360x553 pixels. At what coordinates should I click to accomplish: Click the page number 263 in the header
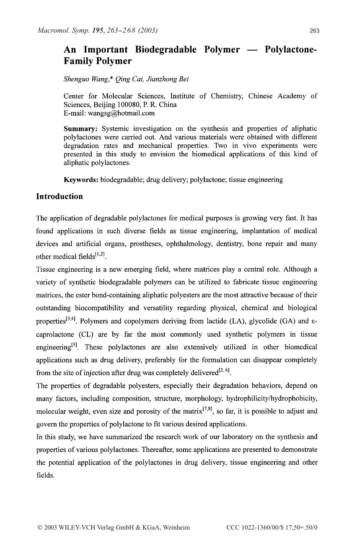tap(314, 31)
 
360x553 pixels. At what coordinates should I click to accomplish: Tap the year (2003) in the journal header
tap(147, 30)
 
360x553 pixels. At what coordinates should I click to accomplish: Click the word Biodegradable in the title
tap(165, 50)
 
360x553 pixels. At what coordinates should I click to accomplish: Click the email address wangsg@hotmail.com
tap(121, 113)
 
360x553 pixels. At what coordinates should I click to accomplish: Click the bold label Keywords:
tap(81, 179)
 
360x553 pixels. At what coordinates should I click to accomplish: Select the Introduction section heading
tap(60, 197)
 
